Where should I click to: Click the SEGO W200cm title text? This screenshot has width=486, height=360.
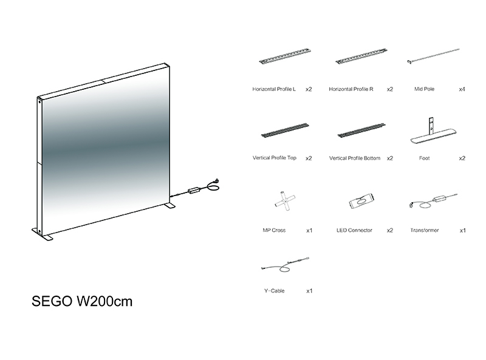pos(82,301)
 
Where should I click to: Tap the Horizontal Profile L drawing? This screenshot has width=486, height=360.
pos(285,56)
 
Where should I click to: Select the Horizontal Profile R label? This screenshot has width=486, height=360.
pos(351,89)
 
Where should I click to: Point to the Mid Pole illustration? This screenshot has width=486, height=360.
pos(433,56)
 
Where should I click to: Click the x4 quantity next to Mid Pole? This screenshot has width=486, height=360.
pos(462,89)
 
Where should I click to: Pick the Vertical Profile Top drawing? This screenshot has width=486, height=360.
pos(285,131)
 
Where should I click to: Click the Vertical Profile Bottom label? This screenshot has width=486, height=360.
pos(355,158)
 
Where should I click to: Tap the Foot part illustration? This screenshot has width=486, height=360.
pos(433,131)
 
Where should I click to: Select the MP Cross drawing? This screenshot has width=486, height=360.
pos(285,201)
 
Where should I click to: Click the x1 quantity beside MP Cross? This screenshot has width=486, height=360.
pos(309,231)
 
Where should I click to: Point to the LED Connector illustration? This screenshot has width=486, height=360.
pos(361,201)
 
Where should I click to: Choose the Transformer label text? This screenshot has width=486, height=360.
pos(424,230)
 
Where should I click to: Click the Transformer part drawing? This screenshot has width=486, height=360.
pos(433,201)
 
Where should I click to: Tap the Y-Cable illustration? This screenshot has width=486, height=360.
pos(285,265)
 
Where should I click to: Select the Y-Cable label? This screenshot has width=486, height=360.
pos(275,291)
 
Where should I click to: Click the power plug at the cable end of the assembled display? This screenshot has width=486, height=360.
pos(216,181)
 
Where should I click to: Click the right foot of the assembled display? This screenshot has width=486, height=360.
pos(171,205)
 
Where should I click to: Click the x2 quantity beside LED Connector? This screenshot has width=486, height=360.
pos(390,231)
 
